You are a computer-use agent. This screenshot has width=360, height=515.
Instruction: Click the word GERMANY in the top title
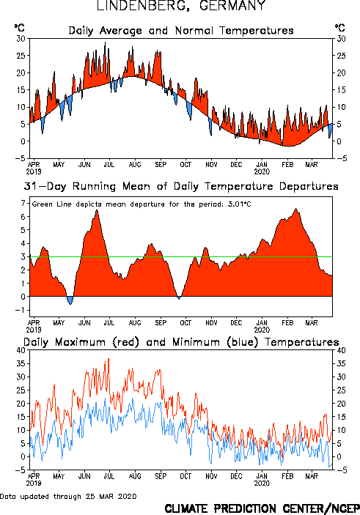click(232, 6)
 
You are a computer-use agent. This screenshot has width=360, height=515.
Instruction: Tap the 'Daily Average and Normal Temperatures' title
click(181, 31)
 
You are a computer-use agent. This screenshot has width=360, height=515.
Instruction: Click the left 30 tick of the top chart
click(21, 39)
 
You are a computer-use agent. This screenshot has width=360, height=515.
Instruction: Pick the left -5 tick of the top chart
click(20, 158)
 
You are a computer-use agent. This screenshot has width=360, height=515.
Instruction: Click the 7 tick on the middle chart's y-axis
click(23, 204)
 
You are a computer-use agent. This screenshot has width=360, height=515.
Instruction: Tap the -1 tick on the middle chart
click(21, 310)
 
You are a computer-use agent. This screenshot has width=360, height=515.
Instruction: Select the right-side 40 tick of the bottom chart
click(341, 350)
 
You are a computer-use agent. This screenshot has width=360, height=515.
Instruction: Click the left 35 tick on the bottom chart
click(21, 363)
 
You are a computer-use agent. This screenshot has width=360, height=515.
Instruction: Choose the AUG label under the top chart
click(135, 165)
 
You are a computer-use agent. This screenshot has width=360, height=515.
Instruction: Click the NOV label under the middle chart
click(211, 323)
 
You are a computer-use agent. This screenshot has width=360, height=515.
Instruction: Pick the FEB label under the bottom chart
click(287, 476)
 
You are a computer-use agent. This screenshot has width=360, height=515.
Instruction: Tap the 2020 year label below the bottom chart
click(262, 483)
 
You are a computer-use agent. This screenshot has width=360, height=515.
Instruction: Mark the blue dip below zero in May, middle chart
click(70, 300)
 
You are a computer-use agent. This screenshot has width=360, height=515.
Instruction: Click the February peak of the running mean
click(296, 209)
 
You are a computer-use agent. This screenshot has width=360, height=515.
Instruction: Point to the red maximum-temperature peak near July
click(109, 359)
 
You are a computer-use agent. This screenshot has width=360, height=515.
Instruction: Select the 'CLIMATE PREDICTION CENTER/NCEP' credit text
click(262, 508)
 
